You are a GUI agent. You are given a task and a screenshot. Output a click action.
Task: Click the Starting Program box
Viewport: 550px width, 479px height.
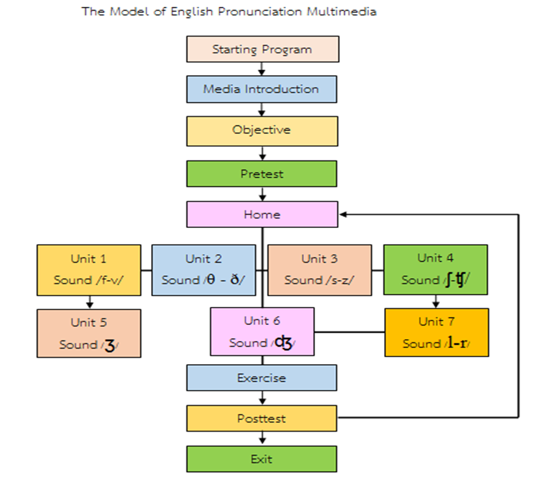click(262, 49)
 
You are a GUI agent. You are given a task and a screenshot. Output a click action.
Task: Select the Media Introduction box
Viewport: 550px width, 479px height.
click(261, 89)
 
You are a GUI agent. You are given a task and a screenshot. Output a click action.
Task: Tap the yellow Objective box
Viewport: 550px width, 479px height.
click(262, 130)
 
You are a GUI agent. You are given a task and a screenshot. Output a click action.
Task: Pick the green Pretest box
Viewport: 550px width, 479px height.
click(262, 174)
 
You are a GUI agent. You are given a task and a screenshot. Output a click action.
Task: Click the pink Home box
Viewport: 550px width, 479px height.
click(262, 214)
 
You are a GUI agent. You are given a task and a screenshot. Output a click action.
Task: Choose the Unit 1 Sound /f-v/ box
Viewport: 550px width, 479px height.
click(89, 270)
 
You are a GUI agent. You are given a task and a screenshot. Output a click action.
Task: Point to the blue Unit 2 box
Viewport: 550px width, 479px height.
click(204, 270)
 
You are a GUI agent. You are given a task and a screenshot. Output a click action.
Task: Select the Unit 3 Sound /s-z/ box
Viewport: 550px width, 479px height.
click(319, 270)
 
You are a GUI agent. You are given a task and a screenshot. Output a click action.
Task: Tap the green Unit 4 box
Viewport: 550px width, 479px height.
click(435, 270)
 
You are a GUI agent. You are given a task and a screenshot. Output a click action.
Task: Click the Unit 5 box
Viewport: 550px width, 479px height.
click(89, 333)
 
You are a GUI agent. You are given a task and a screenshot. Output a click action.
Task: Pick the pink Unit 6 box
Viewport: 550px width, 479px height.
click(262, 332)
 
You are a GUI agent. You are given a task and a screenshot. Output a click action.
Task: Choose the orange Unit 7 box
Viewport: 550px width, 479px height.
click(436, 332)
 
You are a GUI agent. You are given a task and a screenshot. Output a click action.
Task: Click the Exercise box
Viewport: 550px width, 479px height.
click(262, 378)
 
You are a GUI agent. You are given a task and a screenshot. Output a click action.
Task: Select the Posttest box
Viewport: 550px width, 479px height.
click(262, 418)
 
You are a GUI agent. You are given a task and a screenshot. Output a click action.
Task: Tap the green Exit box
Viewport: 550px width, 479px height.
click(262, 459)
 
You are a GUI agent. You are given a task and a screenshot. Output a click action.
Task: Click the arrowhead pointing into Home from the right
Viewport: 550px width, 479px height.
click(343, 214)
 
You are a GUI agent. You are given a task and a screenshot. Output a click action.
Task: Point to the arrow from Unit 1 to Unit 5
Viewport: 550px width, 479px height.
click(89, 302)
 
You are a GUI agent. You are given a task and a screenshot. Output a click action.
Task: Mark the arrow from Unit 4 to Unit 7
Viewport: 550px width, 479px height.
click(436, 302)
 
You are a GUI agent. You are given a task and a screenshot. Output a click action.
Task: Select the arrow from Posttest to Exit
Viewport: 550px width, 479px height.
click(262, 439)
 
